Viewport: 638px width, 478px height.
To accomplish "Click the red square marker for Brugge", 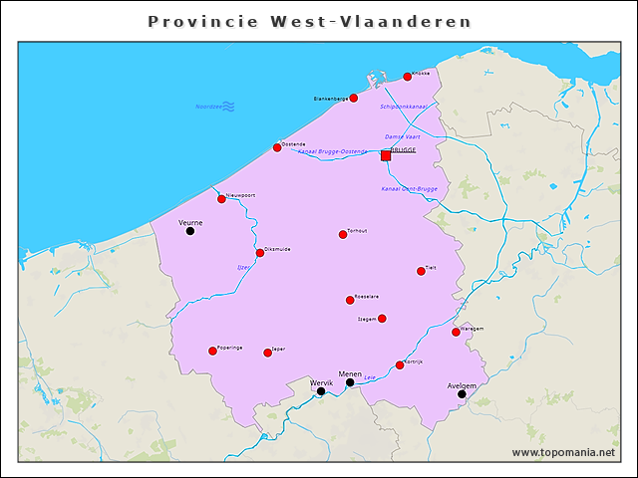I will tap(386, 155).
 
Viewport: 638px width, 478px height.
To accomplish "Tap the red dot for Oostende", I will tap(277, 147).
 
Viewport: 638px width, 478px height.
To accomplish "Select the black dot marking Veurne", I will tap(190, 231).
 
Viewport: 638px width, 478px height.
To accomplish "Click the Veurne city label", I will tap(190, 222).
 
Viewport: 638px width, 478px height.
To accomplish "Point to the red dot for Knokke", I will tap(407, 77).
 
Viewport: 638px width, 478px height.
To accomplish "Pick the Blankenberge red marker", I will tap(353, 98).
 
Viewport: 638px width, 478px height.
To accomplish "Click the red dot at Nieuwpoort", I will tap(221, 199).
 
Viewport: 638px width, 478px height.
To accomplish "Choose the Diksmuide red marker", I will tap(260, 253).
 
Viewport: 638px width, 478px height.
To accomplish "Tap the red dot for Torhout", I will tap(343, 235).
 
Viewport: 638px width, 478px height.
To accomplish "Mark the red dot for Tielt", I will tap(421, 271).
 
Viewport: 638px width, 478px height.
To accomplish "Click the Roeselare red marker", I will tap(350, 300).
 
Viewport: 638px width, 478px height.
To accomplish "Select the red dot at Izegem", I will tap(382, 319).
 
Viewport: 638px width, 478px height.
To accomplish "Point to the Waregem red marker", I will tap(456, 332).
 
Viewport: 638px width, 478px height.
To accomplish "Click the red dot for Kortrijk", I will tap(400, 365).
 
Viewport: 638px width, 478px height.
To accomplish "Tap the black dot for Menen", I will tap(350, 382).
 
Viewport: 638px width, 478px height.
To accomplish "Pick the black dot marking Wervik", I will tap(321, 391).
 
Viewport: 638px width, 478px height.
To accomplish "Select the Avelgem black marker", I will tap(462, 394).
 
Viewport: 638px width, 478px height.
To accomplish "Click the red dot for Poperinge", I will tap(212, 351).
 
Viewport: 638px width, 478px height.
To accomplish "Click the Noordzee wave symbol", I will tap(228, 106).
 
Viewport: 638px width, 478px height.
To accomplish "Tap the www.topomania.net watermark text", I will tap(563, 452).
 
